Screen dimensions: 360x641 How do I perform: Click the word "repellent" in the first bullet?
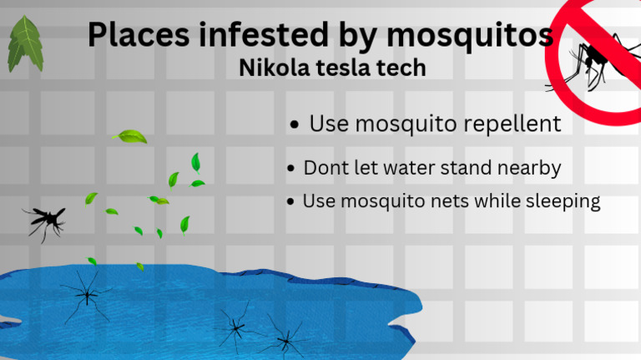click(x=508, y=124)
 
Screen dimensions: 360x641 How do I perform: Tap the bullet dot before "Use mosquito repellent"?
click(x=294, y=126)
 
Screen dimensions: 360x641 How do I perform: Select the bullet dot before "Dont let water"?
click(x=290, y=169)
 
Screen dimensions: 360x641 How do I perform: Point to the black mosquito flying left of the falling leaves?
click(x=45, y=221)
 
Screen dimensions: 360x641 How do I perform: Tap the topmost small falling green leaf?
click(x=130, y=135)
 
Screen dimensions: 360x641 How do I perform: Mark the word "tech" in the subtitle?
click(x=404, y=68)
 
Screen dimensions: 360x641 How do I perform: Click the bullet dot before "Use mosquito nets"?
click(x=290, y=202)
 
